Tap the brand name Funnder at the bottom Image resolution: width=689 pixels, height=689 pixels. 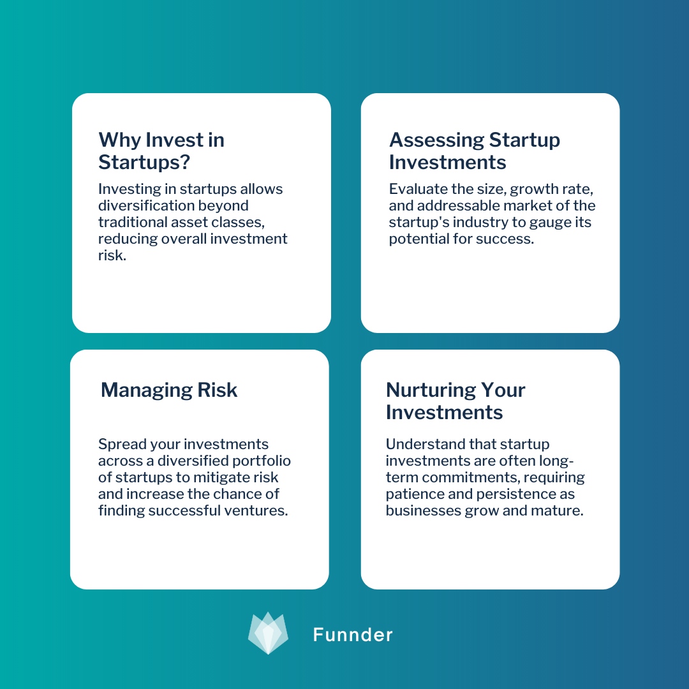(x=353, y=634)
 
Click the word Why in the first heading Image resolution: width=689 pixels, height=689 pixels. (x=119, y=140)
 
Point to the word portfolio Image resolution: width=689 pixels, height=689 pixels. (x=262, y=461)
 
